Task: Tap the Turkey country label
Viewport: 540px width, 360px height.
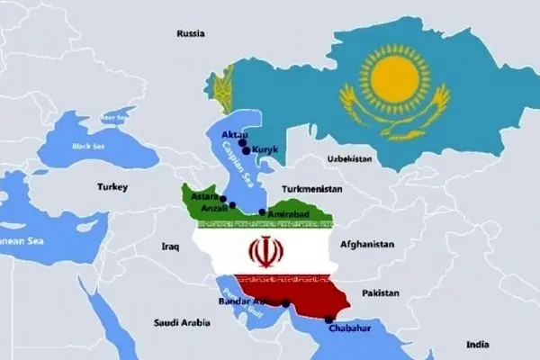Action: tap(113, 187)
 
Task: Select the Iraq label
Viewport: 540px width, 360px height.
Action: tap(171, 245)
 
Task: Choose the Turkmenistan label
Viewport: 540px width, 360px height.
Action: tap(312, 190)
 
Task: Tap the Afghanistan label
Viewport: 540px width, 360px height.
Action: tap(367, 244)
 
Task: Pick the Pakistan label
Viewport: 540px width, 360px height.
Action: tap(381, 293)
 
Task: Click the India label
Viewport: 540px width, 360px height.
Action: tap(479, 344)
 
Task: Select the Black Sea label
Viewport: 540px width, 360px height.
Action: tap(89, 146)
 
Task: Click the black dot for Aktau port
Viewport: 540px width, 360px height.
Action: tap(241, 143)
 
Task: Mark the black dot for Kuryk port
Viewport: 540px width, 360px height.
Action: tap(246, 151)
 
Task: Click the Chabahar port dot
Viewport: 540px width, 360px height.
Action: tap(328, 319)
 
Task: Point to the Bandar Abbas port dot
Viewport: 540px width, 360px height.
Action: tap(285, 303)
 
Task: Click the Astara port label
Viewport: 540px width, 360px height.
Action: tap(206, 198)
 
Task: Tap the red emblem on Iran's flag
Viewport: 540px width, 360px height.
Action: tap(263, 251)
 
